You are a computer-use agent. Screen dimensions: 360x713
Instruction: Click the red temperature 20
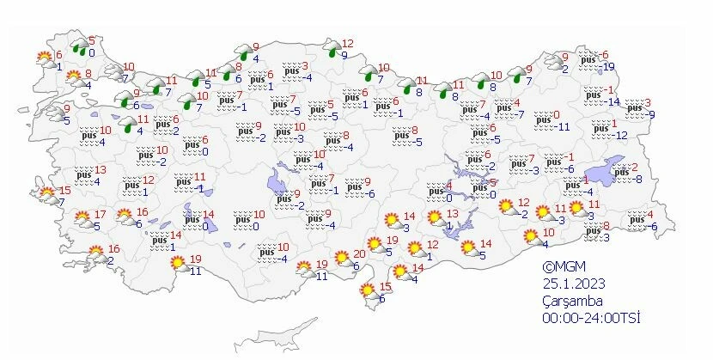[360, 253]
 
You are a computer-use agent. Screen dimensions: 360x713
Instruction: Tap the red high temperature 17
[101, 215]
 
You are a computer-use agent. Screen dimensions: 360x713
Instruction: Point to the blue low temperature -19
[608, 67]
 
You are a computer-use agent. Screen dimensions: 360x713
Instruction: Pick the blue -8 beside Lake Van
[637, 179]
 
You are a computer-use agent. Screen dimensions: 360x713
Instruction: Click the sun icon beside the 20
[343, 258]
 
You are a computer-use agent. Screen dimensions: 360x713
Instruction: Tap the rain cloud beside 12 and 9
[331, 50]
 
